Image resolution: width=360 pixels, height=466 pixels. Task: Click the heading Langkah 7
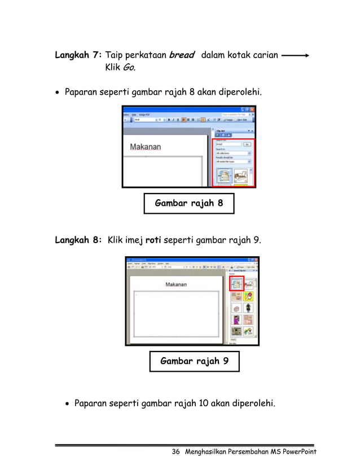coord(78,55)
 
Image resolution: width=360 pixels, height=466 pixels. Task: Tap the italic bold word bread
coord(182,55)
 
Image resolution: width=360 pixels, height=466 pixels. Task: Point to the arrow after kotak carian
coord(295,55)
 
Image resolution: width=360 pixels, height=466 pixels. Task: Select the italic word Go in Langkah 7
coord(129,68)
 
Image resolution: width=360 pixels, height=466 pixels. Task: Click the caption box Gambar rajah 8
coord(188,204)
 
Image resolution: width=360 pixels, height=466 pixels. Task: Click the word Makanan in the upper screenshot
coord(146,147)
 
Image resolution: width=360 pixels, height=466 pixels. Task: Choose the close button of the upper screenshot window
coord(252,109)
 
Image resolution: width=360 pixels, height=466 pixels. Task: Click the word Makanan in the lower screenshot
coord(176,284)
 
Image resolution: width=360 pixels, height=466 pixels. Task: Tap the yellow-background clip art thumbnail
coord(248,296)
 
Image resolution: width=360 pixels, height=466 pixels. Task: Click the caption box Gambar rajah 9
coord(194,361)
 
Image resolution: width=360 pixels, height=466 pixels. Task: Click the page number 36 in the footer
coord(175,452)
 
